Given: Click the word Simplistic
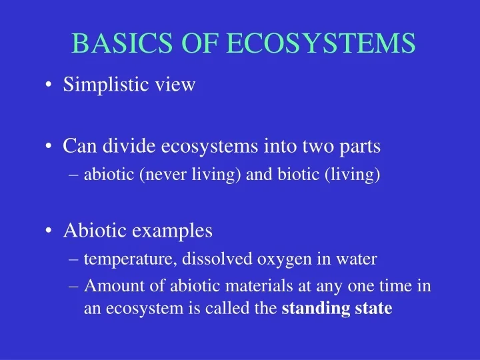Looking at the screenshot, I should point(99,85).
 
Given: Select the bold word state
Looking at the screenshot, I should point(375,309).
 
